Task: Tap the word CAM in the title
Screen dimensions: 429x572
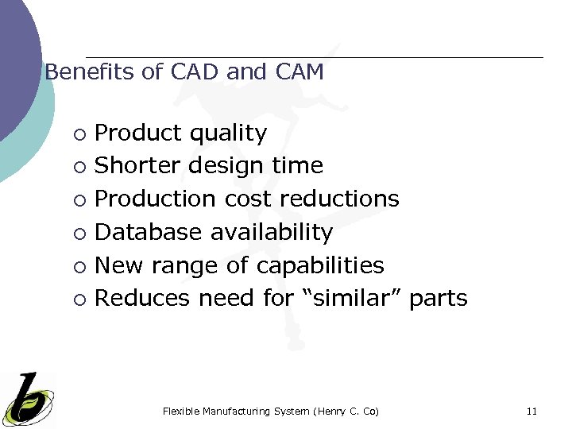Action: pos(300,72)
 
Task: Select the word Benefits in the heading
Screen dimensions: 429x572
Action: pos(90,72)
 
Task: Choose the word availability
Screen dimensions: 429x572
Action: pos(272,232)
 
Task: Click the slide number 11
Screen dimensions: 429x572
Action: pos(531,411)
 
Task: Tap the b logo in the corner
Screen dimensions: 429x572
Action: pos(28,398)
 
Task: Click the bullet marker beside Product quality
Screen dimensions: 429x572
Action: pos(79,134)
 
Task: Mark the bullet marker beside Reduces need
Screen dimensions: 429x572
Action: pos(79,300)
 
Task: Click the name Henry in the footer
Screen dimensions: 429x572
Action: pos(333,411)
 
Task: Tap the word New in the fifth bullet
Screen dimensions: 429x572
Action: pos(116,265)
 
